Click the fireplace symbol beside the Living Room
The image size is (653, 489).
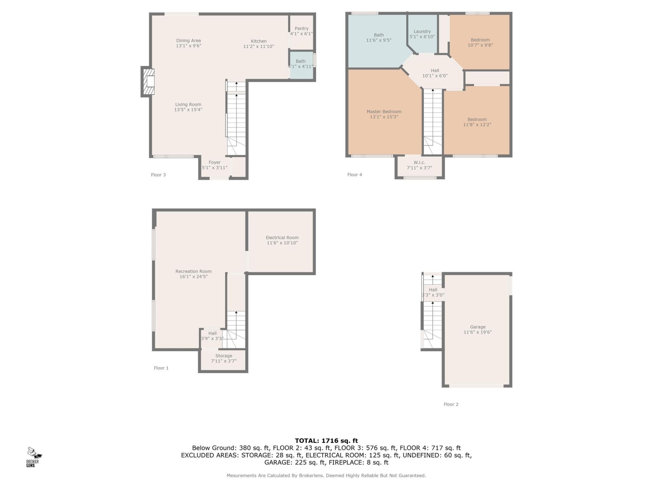pyautogui.click(x=148, y=82)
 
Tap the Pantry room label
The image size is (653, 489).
pyautogui.click(x=301, y=29)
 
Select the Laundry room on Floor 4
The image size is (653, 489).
pyautogui.click(x=422, y=34)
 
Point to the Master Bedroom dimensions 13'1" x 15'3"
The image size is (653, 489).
pyautogui.click(x=384, y=117)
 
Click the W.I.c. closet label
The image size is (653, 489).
pyautogui.click(x=419, y=162)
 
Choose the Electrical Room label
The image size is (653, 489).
pyautogui.click(x=282, y=238)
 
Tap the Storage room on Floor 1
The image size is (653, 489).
pyautogui.click(x=223, y=358)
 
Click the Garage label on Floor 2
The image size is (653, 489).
pyautogui.click(x=478, y=327)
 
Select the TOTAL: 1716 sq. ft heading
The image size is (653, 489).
pyautogui.click(x=326, y=441)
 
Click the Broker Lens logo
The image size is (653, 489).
pyautogui.click(x=34, y=457)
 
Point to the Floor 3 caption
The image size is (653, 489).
pyautogui.click(x=158, y=175)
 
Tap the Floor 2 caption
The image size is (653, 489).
pyautogui.click(x=451, y=404)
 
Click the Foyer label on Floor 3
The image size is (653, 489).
pyautogui.click(x=214, y=162)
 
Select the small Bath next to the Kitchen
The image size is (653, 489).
pyautogui.click(x=301, y=64)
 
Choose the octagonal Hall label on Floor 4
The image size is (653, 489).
pyautogui.click(x=435, y=71)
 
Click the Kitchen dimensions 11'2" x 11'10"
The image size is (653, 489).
pyautogui.click(x=258, y=47)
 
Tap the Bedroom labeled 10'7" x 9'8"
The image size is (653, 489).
pyautogui.click(x=480, y=42)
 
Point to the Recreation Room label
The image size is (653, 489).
pyautogui.click(x=193, y=271)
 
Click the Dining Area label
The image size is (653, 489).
pyautogui.click(x=188, y=40)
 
